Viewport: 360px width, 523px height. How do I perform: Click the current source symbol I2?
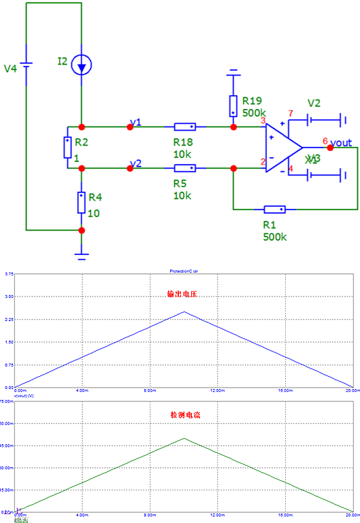(82, 65)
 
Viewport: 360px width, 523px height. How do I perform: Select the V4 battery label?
(10, 69)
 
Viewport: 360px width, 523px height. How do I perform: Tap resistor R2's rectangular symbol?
(68, 147)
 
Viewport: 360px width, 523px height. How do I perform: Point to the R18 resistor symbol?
(185, 126)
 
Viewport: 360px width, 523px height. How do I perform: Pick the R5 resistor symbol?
(185, 167)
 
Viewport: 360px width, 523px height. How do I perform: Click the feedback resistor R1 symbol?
(275, 209)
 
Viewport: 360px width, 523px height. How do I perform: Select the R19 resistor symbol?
(233, 105)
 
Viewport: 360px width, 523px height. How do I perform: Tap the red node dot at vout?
(331, 148)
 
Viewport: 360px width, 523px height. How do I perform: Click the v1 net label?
(135, 122)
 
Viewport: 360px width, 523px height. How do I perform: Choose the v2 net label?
(135, 163)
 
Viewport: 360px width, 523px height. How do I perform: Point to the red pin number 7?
(291, 113)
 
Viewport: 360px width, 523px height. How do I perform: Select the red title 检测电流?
(182, 414)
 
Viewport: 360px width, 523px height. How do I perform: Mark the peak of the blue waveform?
(184, 312)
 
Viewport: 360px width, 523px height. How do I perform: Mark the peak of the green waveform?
(184, 439)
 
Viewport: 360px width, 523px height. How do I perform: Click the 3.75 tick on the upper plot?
(9, 274)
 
